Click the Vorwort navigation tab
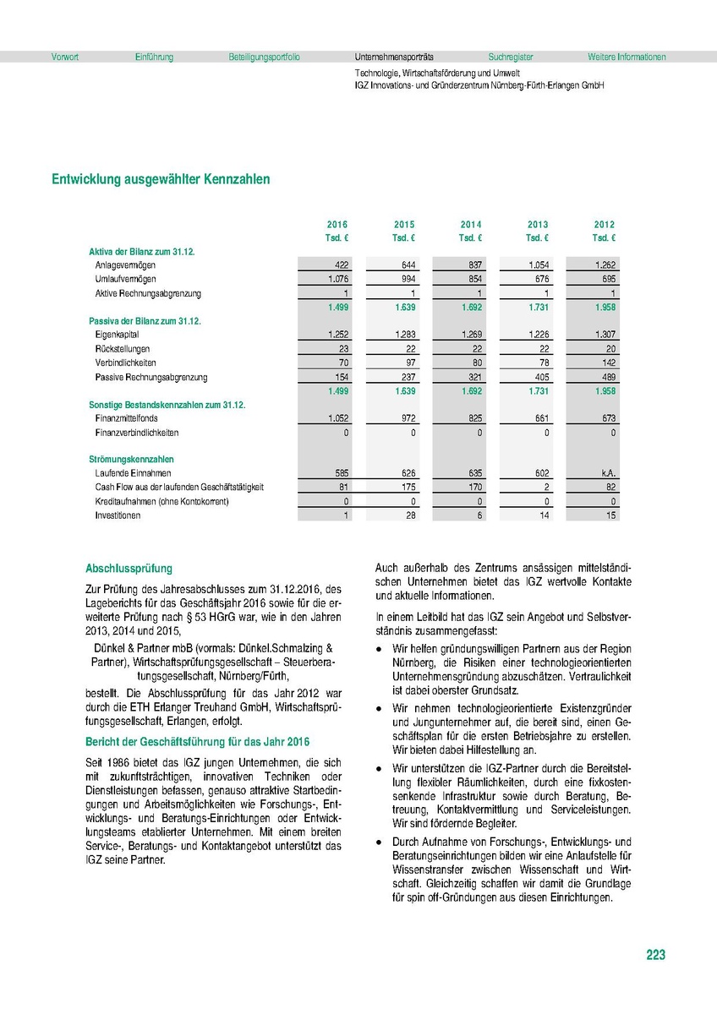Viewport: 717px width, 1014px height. pos(65,57)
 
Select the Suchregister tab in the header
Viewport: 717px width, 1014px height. pos(511,57)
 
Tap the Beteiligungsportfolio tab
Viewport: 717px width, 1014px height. pos(264,57)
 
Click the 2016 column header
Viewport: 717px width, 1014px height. pos(337,225)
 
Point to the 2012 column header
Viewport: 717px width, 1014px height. pos(605,225)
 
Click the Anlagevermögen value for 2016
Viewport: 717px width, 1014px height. pos(342,265)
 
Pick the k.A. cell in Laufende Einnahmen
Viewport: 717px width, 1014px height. pos(607,474)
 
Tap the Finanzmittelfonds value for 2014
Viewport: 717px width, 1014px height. pos(473,418)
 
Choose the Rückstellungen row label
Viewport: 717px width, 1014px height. pos(123,349)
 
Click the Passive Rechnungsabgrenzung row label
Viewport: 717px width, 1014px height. pos(151,377)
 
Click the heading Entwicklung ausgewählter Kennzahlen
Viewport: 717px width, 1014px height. pos(161,179)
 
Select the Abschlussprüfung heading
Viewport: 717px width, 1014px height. pos(129,569)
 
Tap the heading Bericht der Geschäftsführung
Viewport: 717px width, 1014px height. pos(198,742)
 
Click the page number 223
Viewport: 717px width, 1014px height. pos(655,955)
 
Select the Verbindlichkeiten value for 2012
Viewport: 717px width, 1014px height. pos(606,363)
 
